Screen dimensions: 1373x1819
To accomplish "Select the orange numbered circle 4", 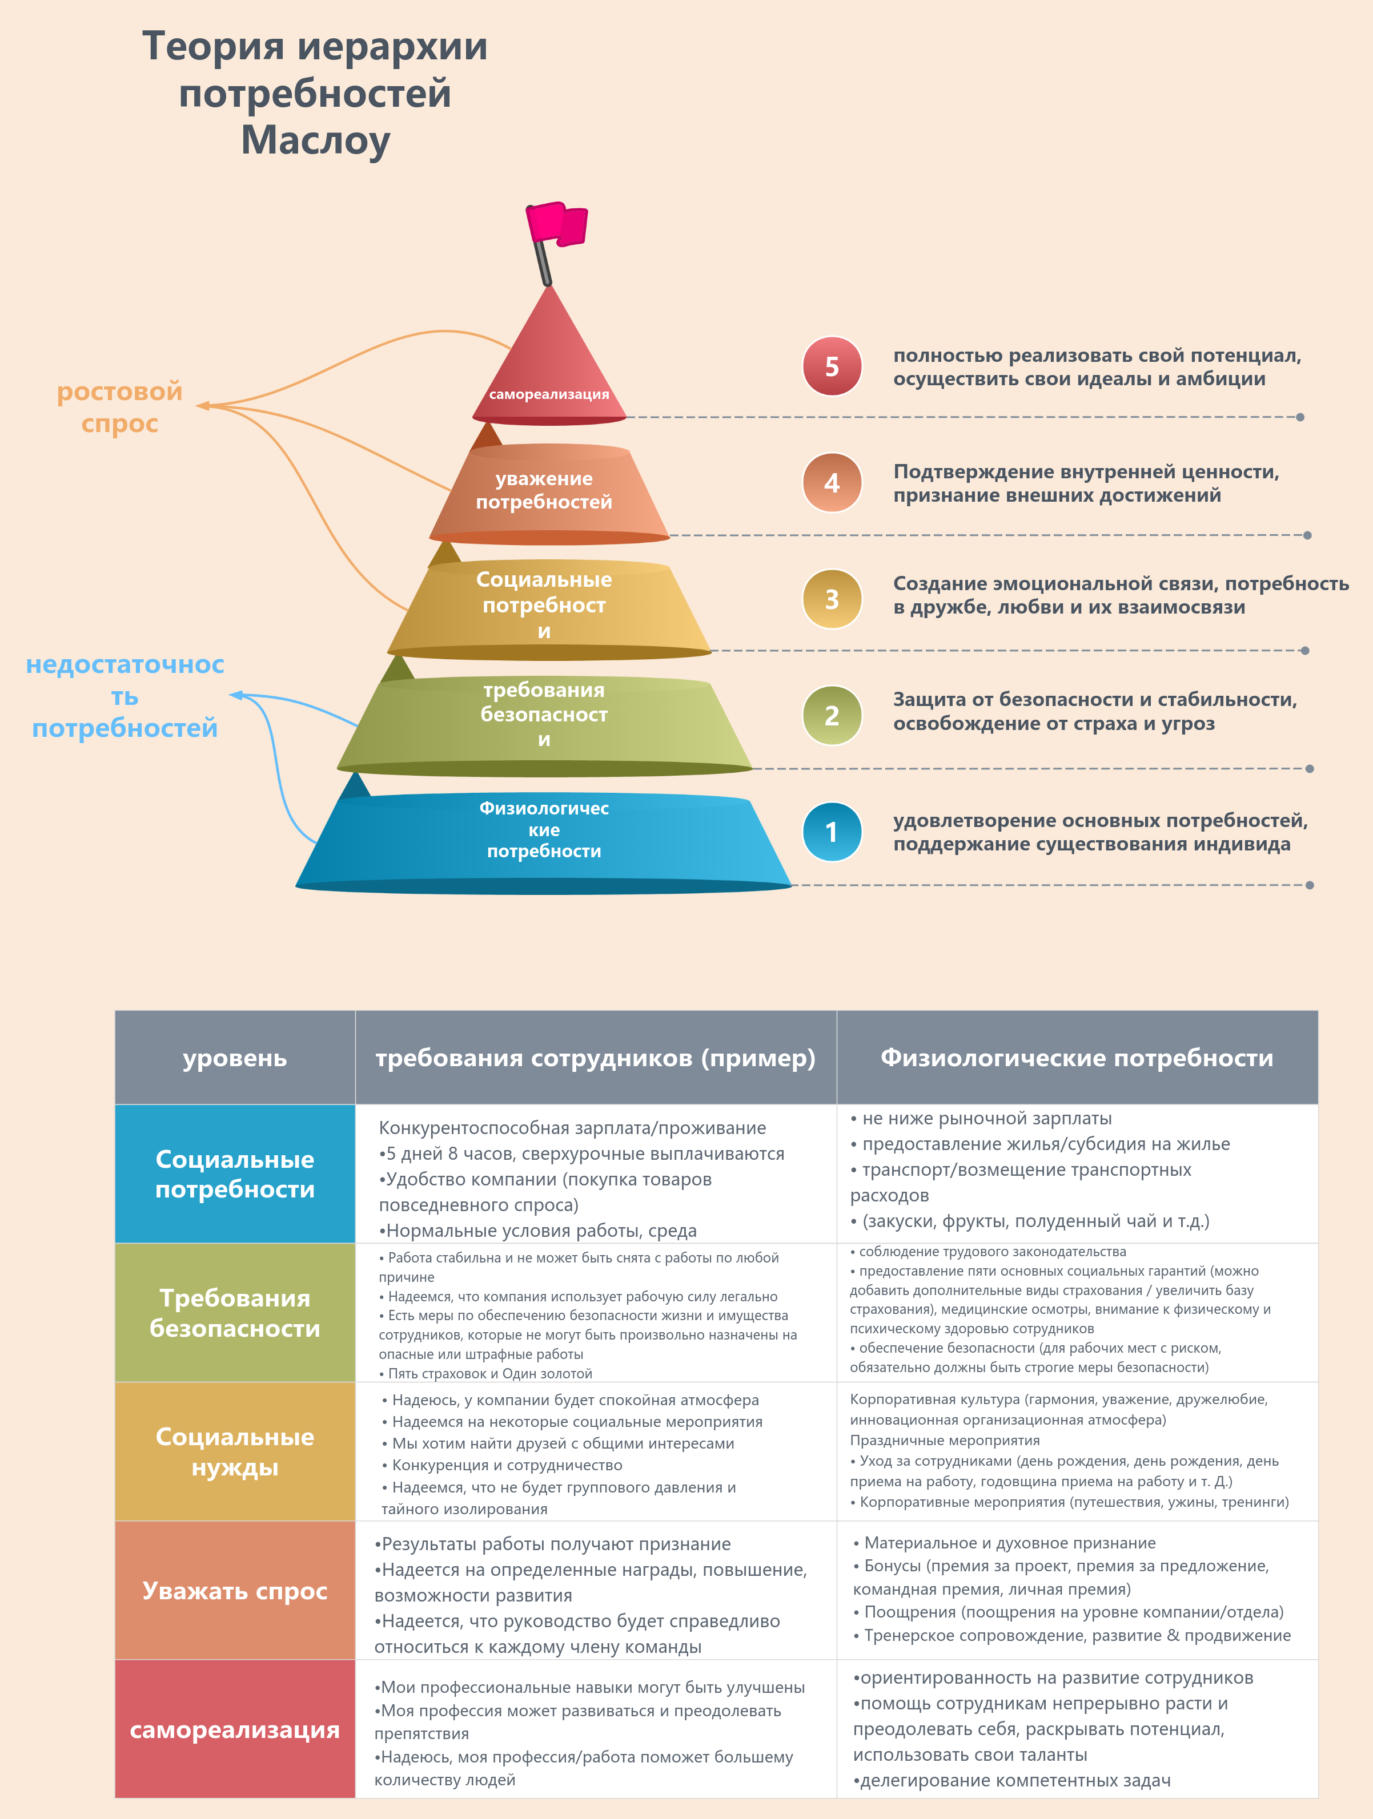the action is pyautogui.click(x=832, y=483).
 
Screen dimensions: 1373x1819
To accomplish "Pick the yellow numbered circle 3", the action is pyautogui.click(x=832, y=599).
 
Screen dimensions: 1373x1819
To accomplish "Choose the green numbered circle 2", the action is pyautogui.click(x=832, y=715).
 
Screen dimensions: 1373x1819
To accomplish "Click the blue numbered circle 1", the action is pyautogui.click(x=832, y=832).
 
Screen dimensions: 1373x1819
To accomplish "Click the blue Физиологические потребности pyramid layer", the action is pyautogui.click(x=544, y=843).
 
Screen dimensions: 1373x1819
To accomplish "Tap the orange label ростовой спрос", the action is pyautogui.click(x=120, y=407).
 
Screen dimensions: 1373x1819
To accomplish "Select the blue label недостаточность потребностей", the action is pyautogui.click(x=125, y=696).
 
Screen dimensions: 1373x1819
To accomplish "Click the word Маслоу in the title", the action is pyautogui.click(x=315, y=140).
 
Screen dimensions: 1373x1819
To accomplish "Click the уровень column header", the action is pyautogui.click(x=235, y=1058).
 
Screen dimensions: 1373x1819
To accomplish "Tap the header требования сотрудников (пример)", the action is pyautogui.click(x=596, y=1058).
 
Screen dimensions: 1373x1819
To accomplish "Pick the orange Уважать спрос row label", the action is pyautogui.click(x=235, y=1590).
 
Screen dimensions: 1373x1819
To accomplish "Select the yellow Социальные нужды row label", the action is pyautogui.click(x=235, y=1451).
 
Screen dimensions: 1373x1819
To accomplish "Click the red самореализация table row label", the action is pyautogui.click(x=235, y=1729).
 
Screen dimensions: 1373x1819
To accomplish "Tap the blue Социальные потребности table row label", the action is pyautogui.click(x=235, y=1173).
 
